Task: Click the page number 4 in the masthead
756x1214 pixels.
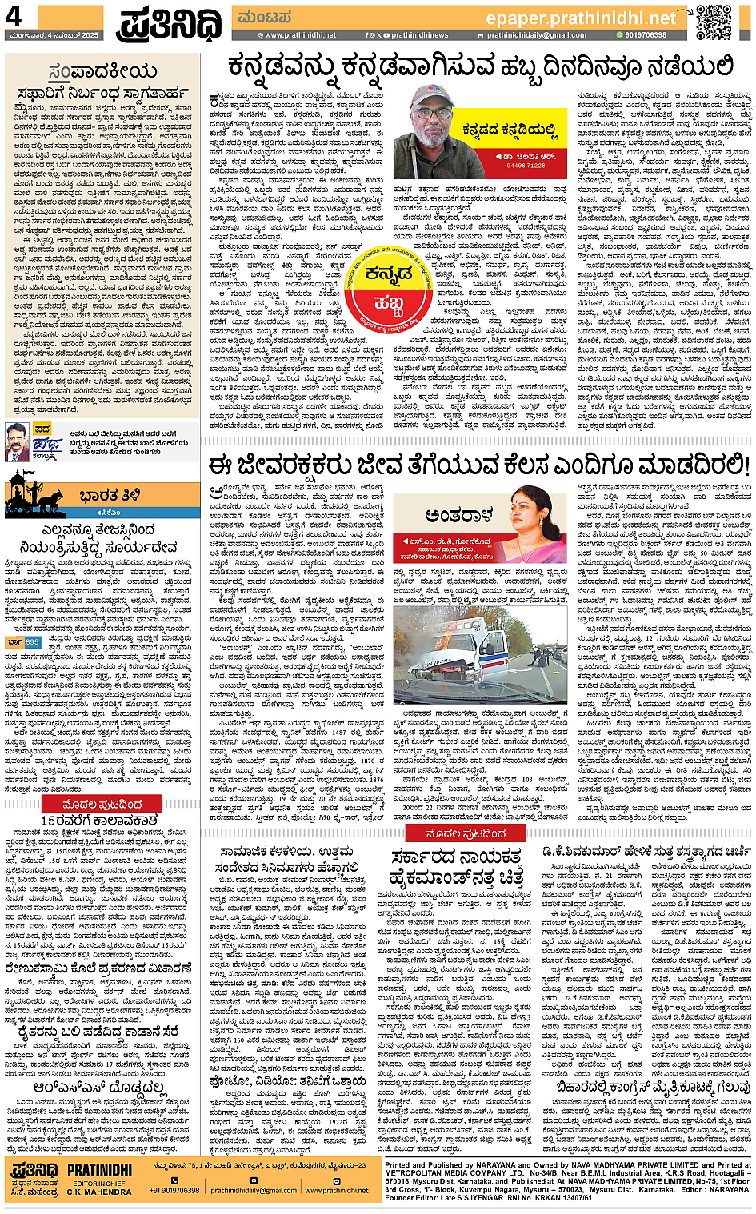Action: tap(14, 17)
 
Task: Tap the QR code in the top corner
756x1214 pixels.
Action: tap(714, 22)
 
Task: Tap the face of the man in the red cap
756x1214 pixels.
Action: tap(433, 117)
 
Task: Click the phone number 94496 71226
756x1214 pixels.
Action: tap(526, 166)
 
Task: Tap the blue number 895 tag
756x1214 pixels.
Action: tap(32, 642)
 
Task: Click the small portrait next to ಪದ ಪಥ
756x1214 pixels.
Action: tap(16, 442)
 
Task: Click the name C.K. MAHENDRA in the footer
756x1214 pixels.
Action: tap(99, 1192)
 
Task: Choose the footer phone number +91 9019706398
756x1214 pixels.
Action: tap(174, 1190)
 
